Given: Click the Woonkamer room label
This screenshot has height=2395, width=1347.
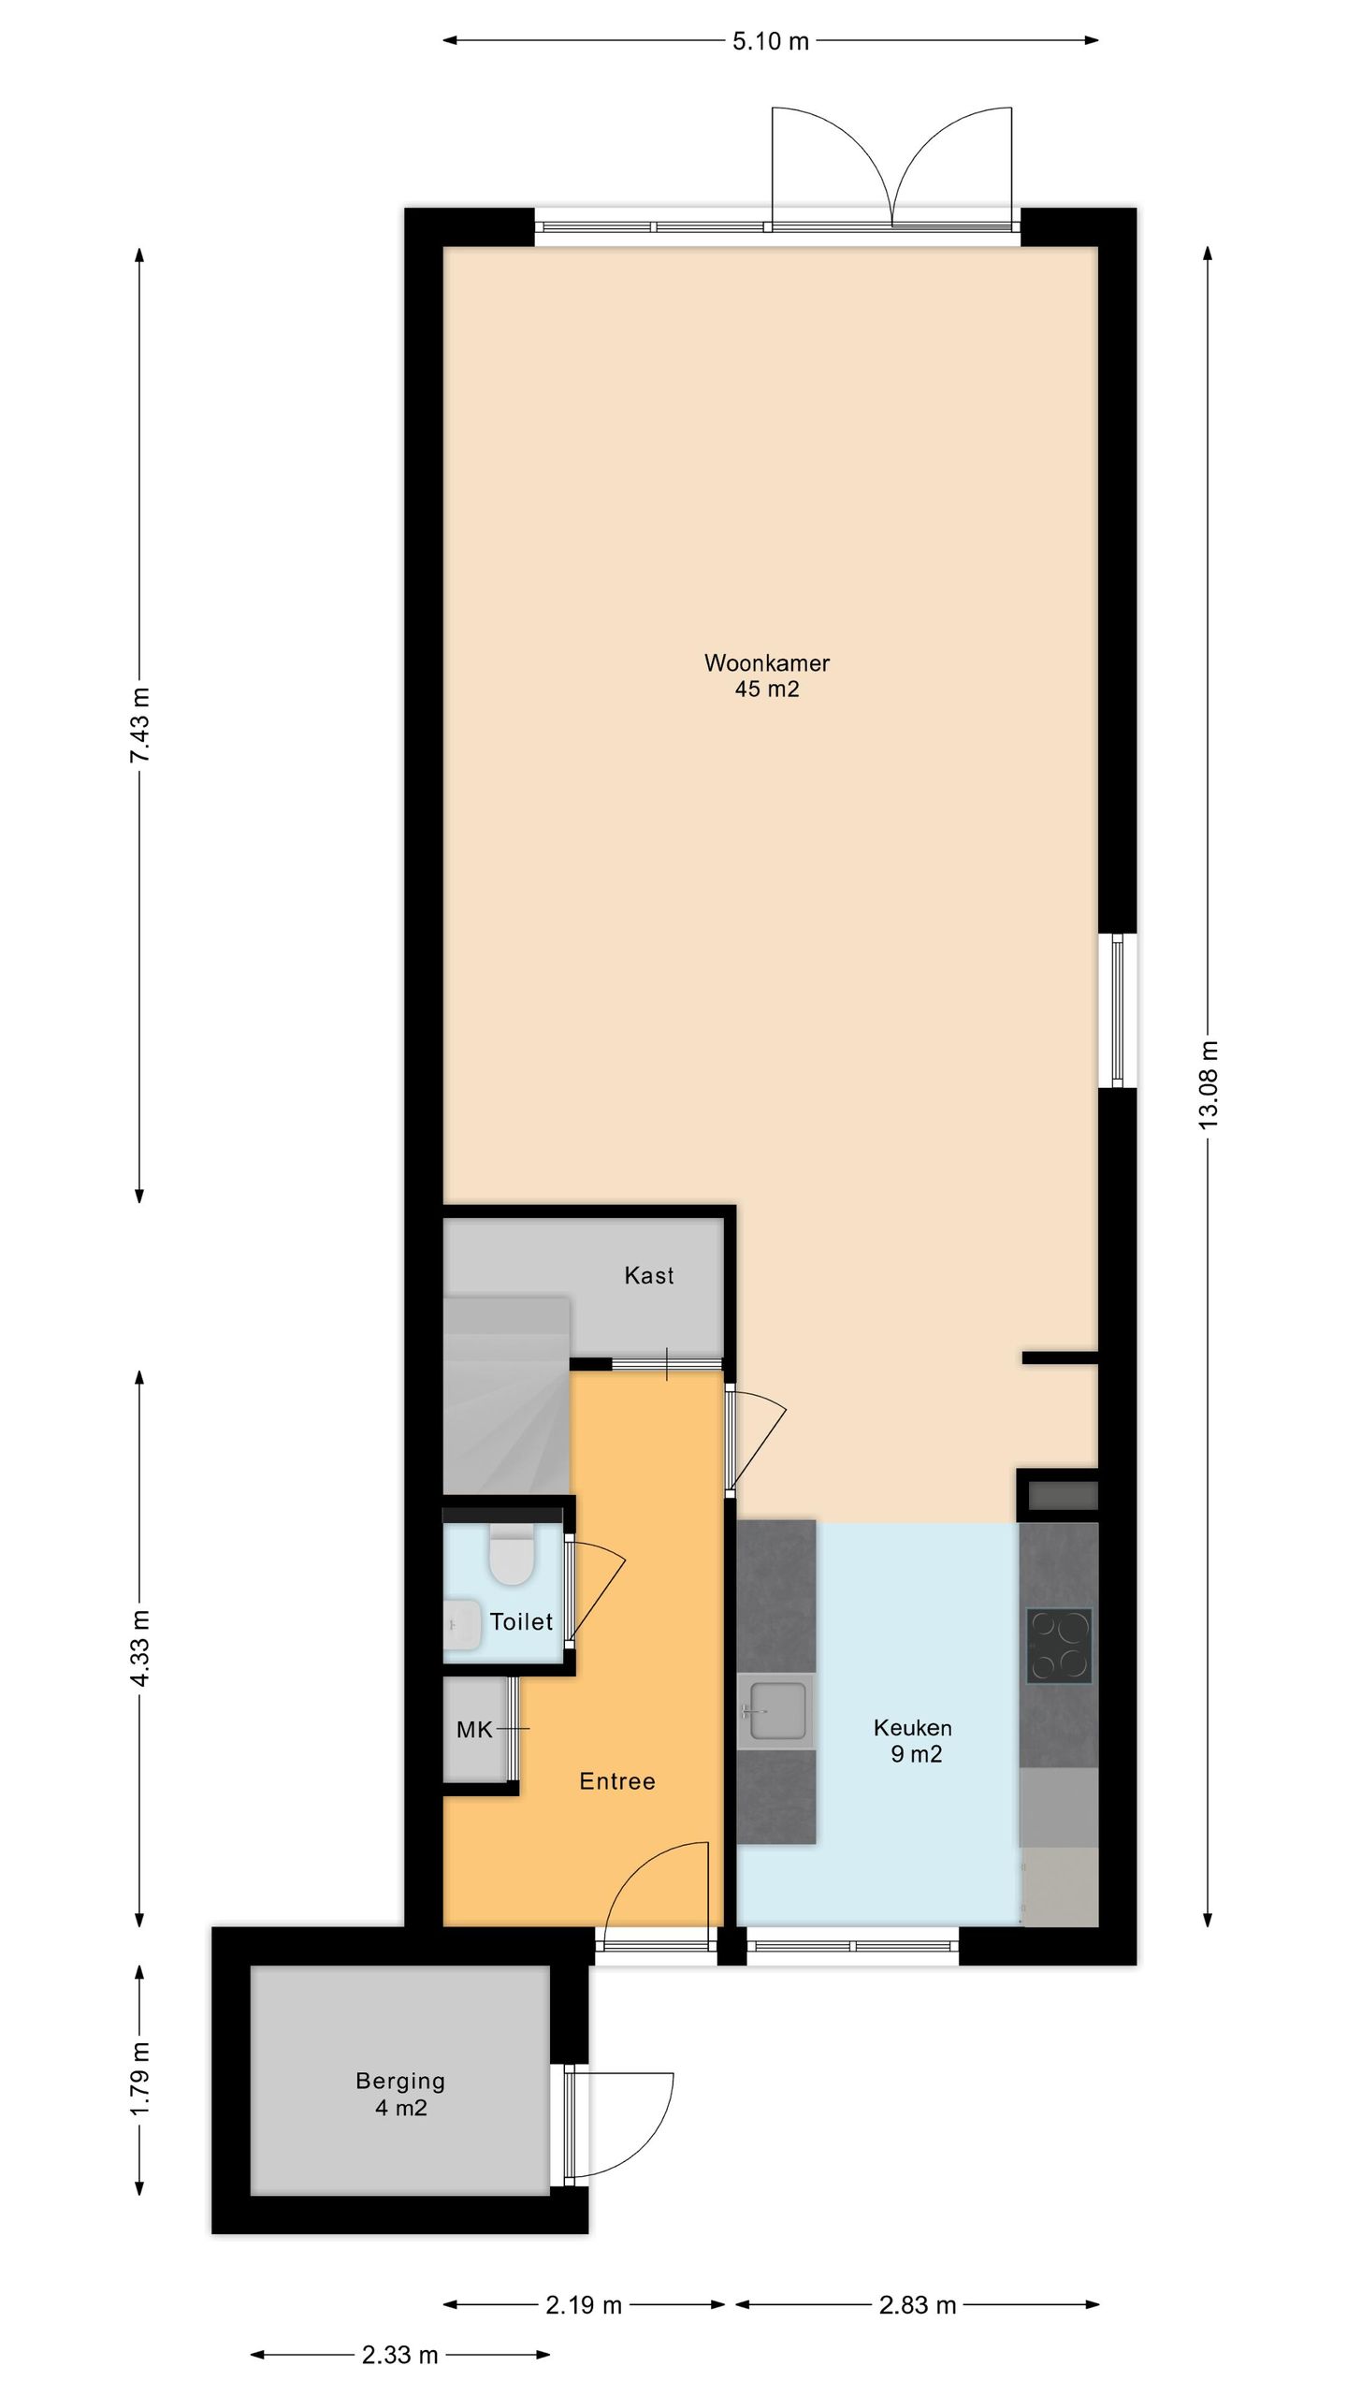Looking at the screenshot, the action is (767, 663).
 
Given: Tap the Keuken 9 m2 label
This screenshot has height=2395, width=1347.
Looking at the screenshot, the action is (914, 1741).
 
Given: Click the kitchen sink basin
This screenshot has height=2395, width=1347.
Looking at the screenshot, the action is (776, 1711).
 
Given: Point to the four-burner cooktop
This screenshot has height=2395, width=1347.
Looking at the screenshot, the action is (1059, 1645).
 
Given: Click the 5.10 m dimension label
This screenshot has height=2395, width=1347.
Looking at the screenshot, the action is (771, 41).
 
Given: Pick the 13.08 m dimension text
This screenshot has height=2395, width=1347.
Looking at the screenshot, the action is (1209, 1085).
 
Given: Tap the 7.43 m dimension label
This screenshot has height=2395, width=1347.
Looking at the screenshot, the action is (140, 725).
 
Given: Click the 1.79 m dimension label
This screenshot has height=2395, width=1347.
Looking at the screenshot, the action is (140, 2078).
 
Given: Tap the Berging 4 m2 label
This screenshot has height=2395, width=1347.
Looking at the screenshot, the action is (400, 2095).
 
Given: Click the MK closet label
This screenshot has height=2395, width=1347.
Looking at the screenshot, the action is (474, 1730).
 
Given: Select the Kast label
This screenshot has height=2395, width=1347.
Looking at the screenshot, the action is (649, 1275).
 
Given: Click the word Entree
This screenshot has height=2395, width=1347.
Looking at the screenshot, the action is (617, 1781).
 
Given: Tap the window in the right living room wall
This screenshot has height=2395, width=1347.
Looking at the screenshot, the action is (1117, 1010).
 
